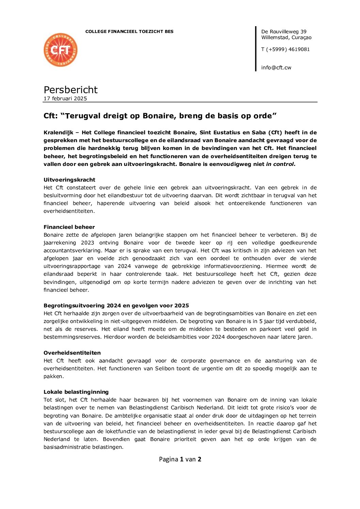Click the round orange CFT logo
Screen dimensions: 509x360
[61, 50]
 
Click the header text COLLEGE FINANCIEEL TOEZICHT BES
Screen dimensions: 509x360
[129, 32]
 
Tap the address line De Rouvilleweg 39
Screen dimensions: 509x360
[284, 32]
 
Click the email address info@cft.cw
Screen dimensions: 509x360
[276, 68]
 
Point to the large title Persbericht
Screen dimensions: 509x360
[70, 90]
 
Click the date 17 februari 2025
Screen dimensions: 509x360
[65, 99]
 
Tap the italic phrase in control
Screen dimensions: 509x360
[280, 164]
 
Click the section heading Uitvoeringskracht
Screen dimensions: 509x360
[69, 180]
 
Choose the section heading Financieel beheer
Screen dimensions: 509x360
[69, 227]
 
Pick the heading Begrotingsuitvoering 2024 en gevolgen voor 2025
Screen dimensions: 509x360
[116, 306]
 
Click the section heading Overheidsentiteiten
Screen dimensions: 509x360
[72, 353]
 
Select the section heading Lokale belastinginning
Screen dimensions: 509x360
[76, 392]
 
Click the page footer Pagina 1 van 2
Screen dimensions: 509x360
[180, 459]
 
